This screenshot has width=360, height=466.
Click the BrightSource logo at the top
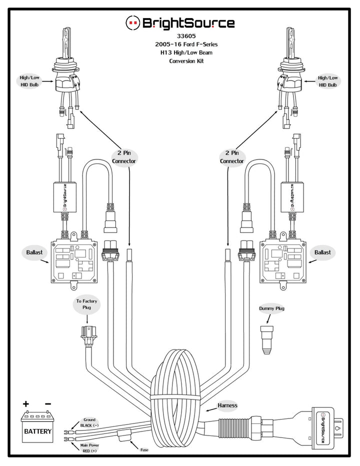point(180,23)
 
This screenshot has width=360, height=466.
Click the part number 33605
point(186,36)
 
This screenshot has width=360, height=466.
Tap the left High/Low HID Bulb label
point(29,81)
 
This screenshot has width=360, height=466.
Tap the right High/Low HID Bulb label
point(328,81)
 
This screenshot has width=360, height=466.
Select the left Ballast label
point(34,252)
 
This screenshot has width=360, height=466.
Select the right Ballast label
point(322,252)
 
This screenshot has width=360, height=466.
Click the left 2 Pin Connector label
point(124,157)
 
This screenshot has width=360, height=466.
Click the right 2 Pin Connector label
point(232,157)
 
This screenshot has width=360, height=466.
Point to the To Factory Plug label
point(86,304)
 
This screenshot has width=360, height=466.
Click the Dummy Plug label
point(271,308)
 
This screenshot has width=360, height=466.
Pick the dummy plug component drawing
point(266,339)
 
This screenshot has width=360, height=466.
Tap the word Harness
point(227,405)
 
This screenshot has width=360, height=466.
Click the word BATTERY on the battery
point(38,431)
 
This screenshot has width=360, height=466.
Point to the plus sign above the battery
point(26,403)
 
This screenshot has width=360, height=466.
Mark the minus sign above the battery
point(48,403)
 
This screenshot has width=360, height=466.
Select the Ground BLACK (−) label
point(89,422)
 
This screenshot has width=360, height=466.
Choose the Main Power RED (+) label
point(89,448)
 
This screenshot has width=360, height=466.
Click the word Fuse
point(144,450)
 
